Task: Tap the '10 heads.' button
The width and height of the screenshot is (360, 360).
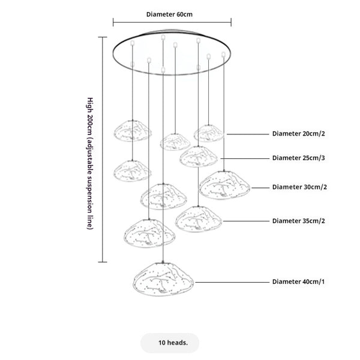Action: [173, 343]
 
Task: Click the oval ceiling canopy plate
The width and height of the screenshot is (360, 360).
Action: [173, 53]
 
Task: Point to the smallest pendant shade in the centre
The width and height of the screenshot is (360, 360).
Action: [175, 141]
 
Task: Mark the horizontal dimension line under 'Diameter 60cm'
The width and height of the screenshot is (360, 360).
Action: [172, 23]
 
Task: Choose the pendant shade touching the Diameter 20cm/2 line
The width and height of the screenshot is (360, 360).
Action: [209, 133]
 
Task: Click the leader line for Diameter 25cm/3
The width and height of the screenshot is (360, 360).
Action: [243, 158]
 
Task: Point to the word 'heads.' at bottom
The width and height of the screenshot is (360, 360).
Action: [179, 343]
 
